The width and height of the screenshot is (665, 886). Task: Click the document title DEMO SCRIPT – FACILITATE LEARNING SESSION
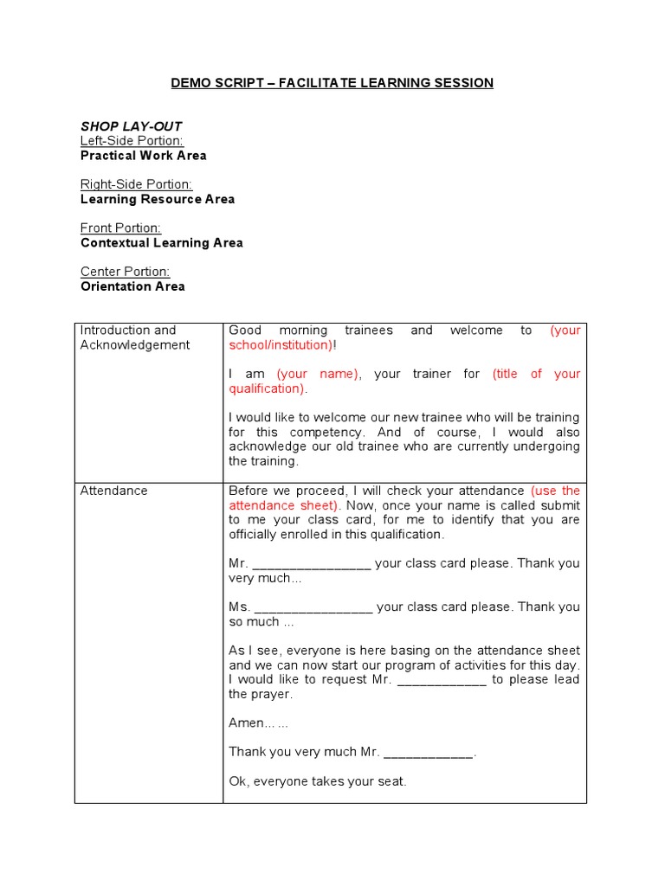point(332,83)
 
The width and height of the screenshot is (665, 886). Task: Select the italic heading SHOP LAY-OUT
point(131,126)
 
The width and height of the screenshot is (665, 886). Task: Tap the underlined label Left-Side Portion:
point(132,141)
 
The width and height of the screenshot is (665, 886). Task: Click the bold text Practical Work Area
point(143,156)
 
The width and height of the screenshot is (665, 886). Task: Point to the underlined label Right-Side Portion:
point(136,184)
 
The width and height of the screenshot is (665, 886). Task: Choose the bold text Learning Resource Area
point(157,199)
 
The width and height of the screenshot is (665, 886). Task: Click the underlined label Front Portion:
point(120,228)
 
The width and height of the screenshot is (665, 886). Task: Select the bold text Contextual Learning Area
point(161,243)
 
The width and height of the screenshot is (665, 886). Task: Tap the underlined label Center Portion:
point(125,272)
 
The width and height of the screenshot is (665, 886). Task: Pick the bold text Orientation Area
point(132,286)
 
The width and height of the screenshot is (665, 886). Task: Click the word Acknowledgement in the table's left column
point(134,345)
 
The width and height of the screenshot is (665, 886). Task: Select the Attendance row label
point(113,491)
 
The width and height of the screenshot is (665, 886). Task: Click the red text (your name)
point(318,374)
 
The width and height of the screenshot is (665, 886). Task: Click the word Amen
point(246,723)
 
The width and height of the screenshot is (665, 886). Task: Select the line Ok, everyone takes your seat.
point(317,781)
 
